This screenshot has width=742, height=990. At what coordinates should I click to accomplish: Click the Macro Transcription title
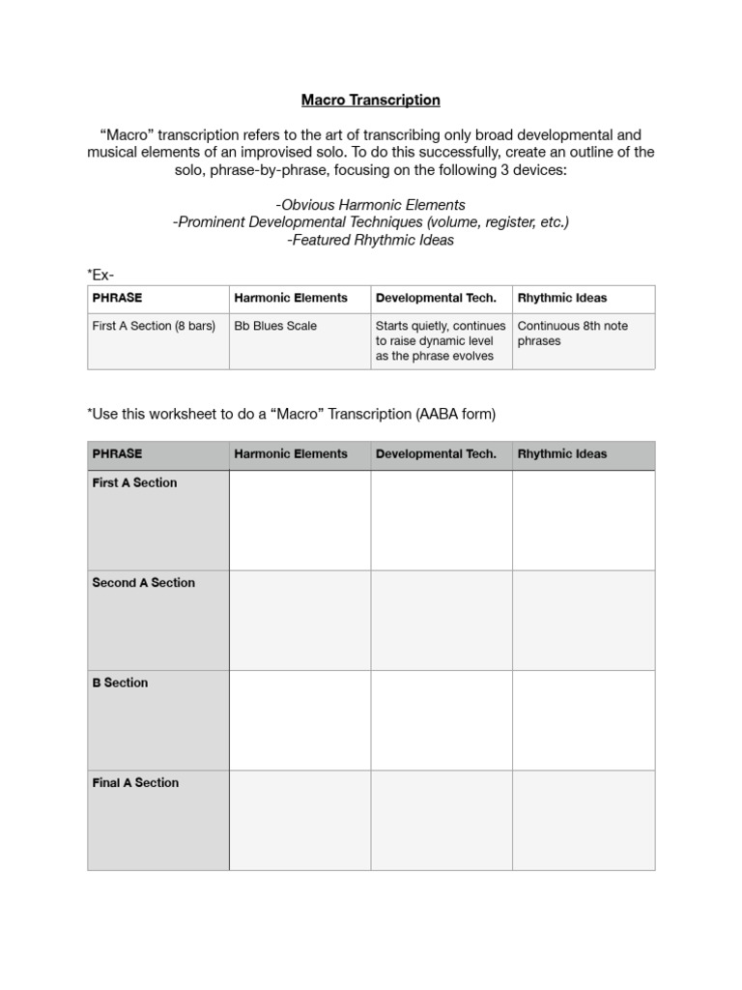click(x=370, y=100)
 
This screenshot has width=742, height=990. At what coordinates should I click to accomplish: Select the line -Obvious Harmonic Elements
click(x=370, y=205)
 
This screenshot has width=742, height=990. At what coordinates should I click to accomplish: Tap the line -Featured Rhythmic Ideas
click(x=370, y=240)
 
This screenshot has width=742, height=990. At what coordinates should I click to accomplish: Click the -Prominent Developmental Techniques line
click(x=370, y=222)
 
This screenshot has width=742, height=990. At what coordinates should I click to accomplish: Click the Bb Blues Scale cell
click(x=274, y=326)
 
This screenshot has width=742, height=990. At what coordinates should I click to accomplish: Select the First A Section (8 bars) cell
click(x=154, y=326)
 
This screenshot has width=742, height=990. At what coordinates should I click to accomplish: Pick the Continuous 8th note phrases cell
click(x=572, y=334)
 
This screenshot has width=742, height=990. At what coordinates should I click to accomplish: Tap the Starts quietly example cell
click(x=440, y=340)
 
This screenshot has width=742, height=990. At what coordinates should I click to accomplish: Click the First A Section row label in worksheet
click(x=135, y=482)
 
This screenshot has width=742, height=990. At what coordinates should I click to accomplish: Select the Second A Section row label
click(x=143, y=583)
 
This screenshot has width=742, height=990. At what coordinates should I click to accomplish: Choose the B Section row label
click(x=120, y=683)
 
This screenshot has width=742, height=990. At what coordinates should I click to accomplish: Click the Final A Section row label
click(x=135, y=783)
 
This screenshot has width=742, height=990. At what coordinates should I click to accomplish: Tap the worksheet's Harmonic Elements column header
click(x=291, y=454)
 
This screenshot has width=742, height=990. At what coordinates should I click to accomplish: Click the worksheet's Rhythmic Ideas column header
click(x=562, y=454)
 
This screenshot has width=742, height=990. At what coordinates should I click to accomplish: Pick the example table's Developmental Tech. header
click(x=436, y=298)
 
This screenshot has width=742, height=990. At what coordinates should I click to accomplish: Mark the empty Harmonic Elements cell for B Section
click(x=300, y=720)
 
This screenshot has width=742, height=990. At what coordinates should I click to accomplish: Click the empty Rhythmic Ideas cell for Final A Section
click(x=583, y=821)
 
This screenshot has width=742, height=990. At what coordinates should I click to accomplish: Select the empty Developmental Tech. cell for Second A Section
click(x=441, y=620)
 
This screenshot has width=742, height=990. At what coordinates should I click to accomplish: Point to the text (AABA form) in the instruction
click(x=455, y=414)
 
